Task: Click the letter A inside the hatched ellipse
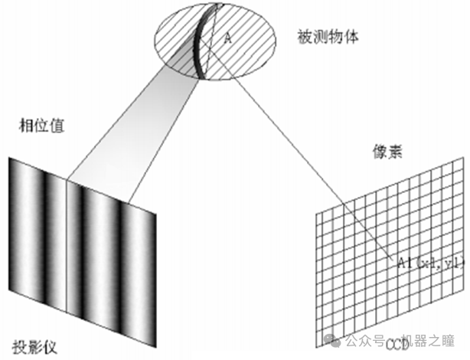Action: coord(227,36)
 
